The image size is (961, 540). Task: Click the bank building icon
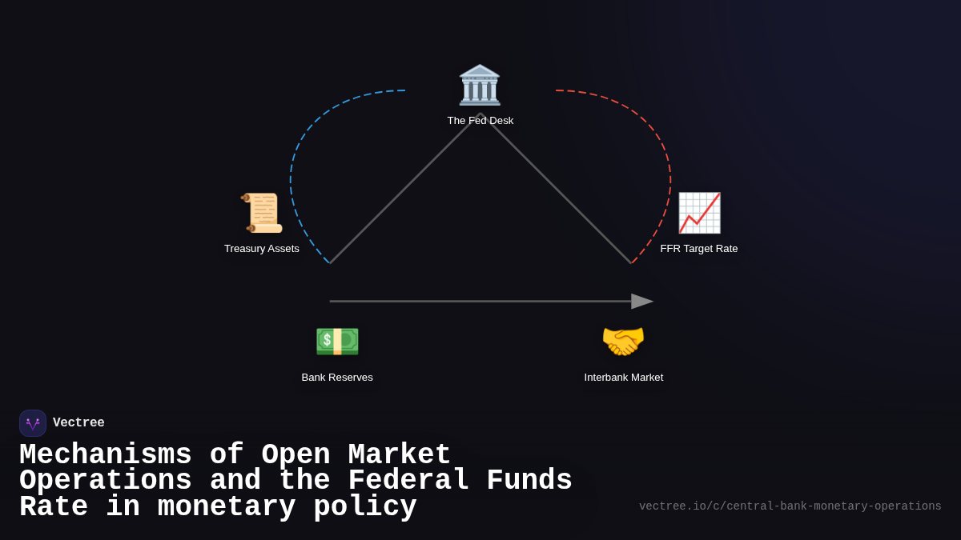point(479,85)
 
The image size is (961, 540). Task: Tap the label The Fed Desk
point(480,121)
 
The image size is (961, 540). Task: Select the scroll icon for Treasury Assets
point(262,212)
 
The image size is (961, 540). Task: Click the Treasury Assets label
point(262,249)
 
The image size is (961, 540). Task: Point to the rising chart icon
point(699,212)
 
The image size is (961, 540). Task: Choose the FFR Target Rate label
point(698,249)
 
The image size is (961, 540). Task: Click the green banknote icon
point(337,341)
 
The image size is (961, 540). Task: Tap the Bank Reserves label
point(337,378)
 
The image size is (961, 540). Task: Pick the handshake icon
point(623,341)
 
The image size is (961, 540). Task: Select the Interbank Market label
point(623,378)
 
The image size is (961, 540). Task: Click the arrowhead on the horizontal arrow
point(641,302)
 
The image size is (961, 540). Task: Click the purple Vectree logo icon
point(33,423)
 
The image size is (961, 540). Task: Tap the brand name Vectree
point(78,423)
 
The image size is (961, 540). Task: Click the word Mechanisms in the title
point(105,455)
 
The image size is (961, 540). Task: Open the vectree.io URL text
point(790,506)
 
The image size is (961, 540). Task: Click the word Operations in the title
point(105,481)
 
